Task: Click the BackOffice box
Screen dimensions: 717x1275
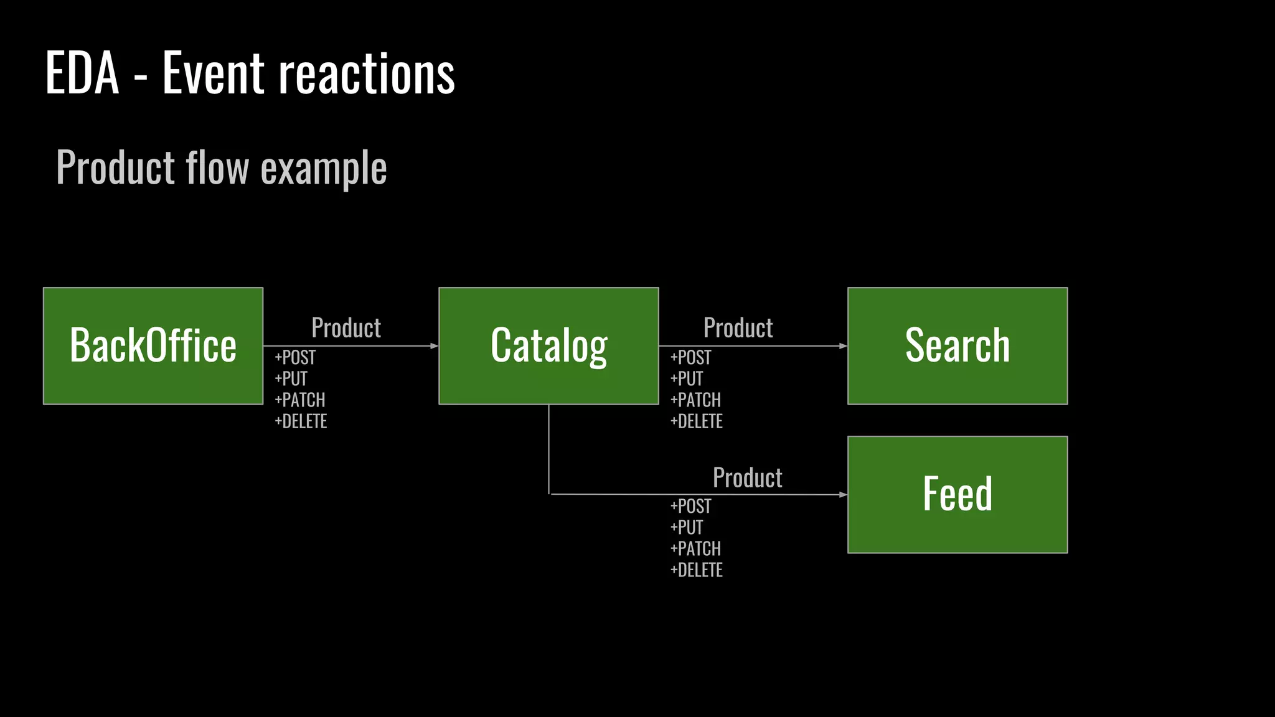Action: [x=153, y=346]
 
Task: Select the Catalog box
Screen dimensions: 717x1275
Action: [x=548, y=346]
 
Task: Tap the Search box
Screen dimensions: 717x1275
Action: [x=957, y=346]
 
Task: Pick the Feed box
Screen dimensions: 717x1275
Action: [x=957, y=495]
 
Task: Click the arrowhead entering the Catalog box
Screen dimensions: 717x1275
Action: [x=435, y=346]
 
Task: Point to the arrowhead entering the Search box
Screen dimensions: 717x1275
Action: [x=843, y=346]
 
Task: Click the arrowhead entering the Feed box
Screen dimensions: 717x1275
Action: [x=843, y=495]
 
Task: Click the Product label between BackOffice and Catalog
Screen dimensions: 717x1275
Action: [x=346, y=328]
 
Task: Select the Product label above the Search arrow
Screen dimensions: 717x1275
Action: [x=738, y=328]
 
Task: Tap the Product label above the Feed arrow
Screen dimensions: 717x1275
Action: [x=747, y=478]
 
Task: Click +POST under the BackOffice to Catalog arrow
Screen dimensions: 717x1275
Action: [x=295, y=358]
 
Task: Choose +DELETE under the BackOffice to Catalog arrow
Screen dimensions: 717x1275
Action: [x=301, y=421]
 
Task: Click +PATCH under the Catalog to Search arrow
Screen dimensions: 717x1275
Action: [x=695, y=400]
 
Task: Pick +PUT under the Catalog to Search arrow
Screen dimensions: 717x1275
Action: [x=687, y=379]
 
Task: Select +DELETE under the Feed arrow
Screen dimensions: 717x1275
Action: [x=696, y=570]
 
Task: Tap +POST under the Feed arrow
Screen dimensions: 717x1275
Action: [x=690, y=507]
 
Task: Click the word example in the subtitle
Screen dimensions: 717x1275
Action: [x=324, y=168]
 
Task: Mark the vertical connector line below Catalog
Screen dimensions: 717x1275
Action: [x=549, y=448]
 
